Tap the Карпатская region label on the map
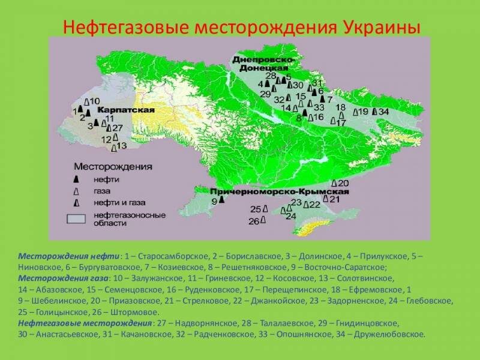pyautogui.click(x=126, y=110)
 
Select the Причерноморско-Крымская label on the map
pyautogui.click(x=280, y=191)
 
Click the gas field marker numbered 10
pyautogui.click(x=87, y=101)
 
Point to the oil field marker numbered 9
pyautogui.click(x=221, y=200)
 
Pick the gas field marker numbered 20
pyautogui.click(x=334, y=184)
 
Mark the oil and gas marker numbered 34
pyautogui.click(x=374, y=112)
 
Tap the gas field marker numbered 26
pyautogui.click(x=263, y=220)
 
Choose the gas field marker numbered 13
pyautogui.click(x=114, y=148)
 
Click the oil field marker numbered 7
pyautogui.click(x=322, y=99)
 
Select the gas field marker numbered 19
pyautogui.click(x=355, y=112)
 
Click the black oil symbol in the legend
pyautogui.click(x=76, y=179)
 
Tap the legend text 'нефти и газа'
pyautogui.click(x=119, y=203)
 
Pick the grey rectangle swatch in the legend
pyautogui.click(x=76, y=219)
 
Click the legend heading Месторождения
pyautogui.click(x=113, y=167)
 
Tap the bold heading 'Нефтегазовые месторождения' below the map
pyautogui.click(x=85, y=323)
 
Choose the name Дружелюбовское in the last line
pyautogui.click(x=389, y=335)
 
